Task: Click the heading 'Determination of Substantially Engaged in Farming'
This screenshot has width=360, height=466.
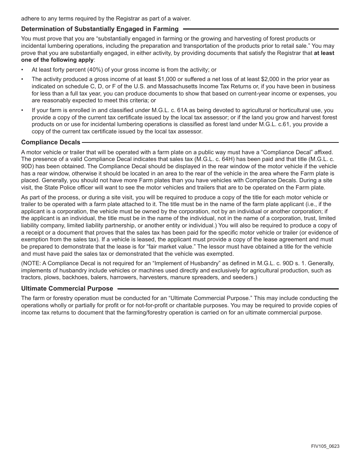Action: pyautogui.click(x=100, y=29)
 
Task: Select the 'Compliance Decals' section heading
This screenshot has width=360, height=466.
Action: pyautogui.click(x=51, y=142)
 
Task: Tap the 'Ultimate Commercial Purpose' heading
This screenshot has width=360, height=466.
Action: pyautogui.click(x=67, y=289)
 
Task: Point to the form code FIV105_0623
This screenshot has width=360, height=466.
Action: pyautogui.click(x=325, y=446)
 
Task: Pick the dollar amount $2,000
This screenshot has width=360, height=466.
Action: pyautogui.click(x=270, y=79)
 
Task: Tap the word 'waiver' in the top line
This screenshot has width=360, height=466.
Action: pyautogui.click(x=181, y=18)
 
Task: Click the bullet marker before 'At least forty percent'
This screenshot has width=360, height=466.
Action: pyautogui.click(x=22, y=70)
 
